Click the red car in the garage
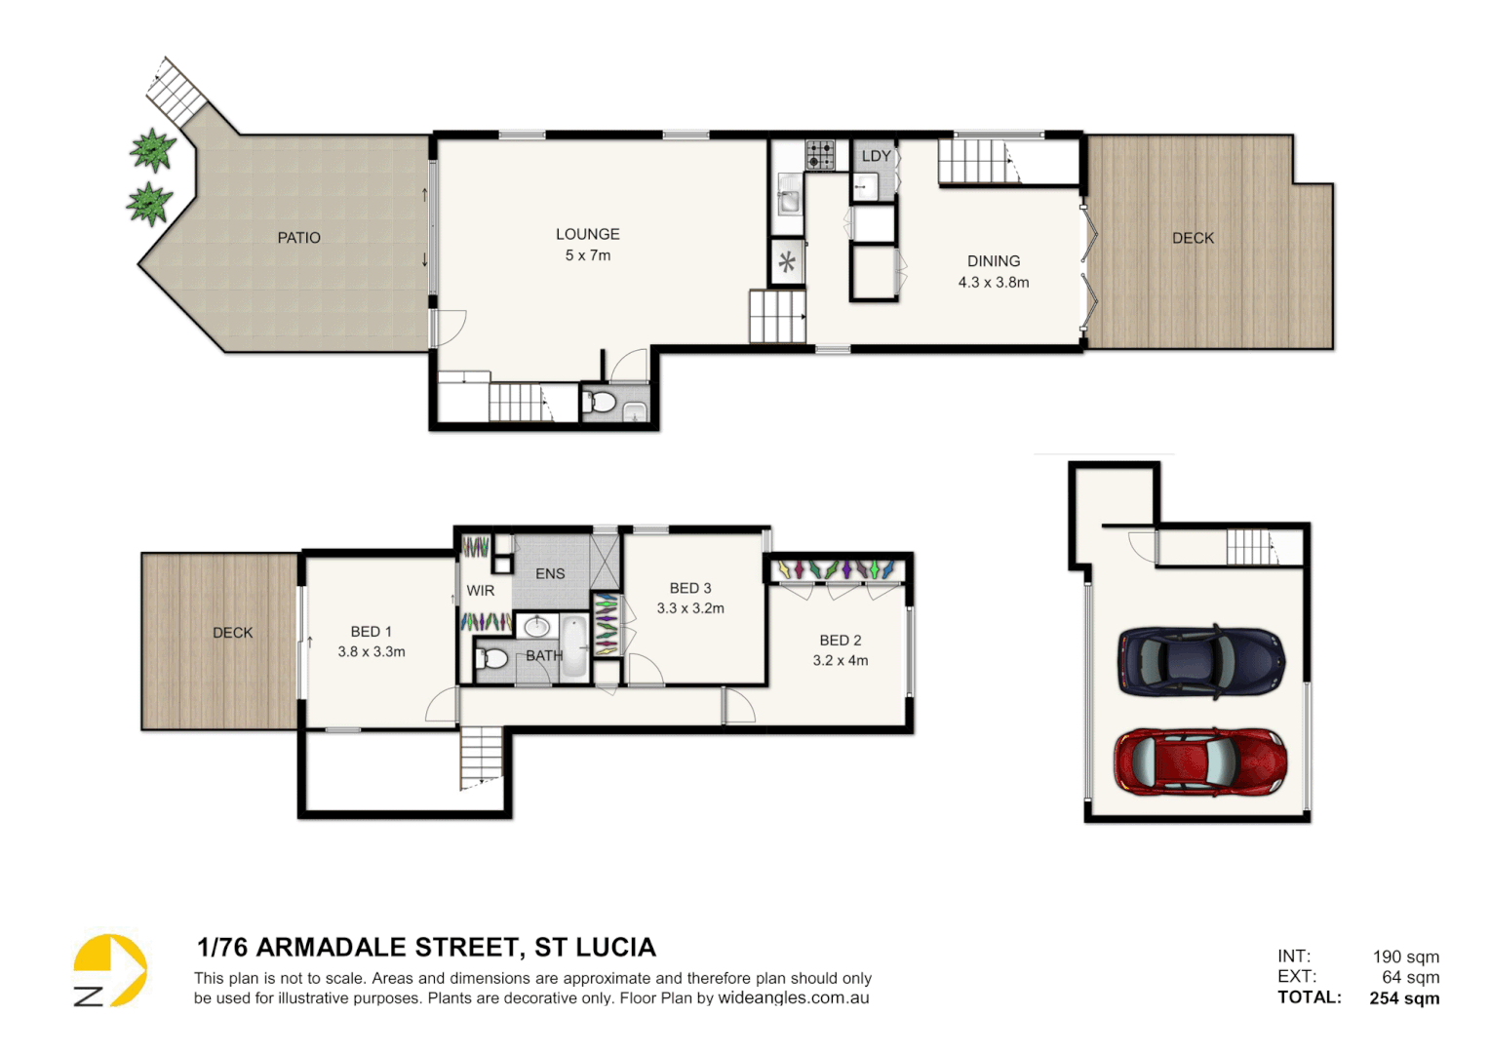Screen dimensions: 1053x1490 [1200, 761]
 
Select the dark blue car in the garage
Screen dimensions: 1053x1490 [1200, 661]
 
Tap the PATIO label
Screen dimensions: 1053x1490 [298, 238]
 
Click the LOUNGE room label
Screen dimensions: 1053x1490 [587, 234]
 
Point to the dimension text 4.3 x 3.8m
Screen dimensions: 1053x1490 [993, 283]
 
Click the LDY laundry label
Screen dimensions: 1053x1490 [876, 156]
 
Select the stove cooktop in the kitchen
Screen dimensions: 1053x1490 [820, 155]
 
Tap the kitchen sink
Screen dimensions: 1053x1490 [788, 202]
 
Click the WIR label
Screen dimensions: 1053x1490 [480, 591]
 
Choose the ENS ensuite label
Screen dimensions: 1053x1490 [550, 574]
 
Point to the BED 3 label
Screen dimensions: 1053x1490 [690, 588]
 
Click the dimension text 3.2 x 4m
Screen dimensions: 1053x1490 [840, 661]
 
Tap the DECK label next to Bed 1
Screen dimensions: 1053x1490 [232, 633]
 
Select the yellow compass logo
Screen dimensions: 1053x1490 [110, 971]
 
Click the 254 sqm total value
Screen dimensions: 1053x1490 [1404, 998]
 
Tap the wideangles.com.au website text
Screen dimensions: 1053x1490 [793, 998]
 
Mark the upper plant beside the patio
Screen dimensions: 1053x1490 [153, 150]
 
